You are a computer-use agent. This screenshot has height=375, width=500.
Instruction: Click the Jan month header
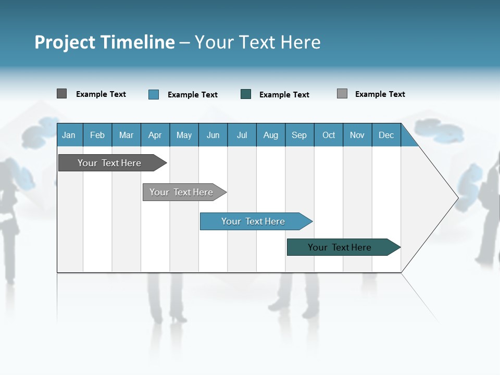pos(69,135)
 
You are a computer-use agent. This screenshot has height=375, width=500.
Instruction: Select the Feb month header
pos(97,135)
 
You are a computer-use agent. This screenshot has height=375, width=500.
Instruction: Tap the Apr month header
pos(155,135)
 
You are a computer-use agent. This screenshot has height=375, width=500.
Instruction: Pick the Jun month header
pos(213,135)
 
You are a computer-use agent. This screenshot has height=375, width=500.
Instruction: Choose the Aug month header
pos(270,135)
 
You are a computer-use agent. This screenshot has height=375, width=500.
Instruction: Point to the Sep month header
pos(299,135)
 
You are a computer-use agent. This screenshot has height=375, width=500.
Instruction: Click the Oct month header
pos(329,135)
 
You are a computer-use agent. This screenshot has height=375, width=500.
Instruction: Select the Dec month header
pos(386,135)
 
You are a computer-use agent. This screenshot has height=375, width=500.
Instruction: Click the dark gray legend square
pos(61,94)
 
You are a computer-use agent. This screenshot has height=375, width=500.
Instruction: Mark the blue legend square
pos(154,94)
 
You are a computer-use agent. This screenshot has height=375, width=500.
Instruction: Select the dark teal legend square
pos(246,94)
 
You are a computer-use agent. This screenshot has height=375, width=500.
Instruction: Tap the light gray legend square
pos(342,94)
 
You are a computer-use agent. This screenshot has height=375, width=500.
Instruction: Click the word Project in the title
pos(65,42)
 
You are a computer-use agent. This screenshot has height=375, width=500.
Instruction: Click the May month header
pos(184,135)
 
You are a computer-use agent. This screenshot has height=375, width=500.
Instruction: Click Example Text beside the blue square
pos(193,95)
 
